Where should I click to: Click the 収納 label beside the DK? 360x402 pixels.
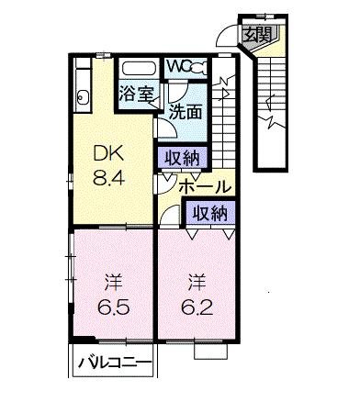click(178, 157)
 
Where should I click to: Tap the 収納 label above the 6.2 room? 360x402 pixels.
click(208, 213)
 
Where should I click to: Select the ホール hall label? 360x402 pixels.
click(205, 186)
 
